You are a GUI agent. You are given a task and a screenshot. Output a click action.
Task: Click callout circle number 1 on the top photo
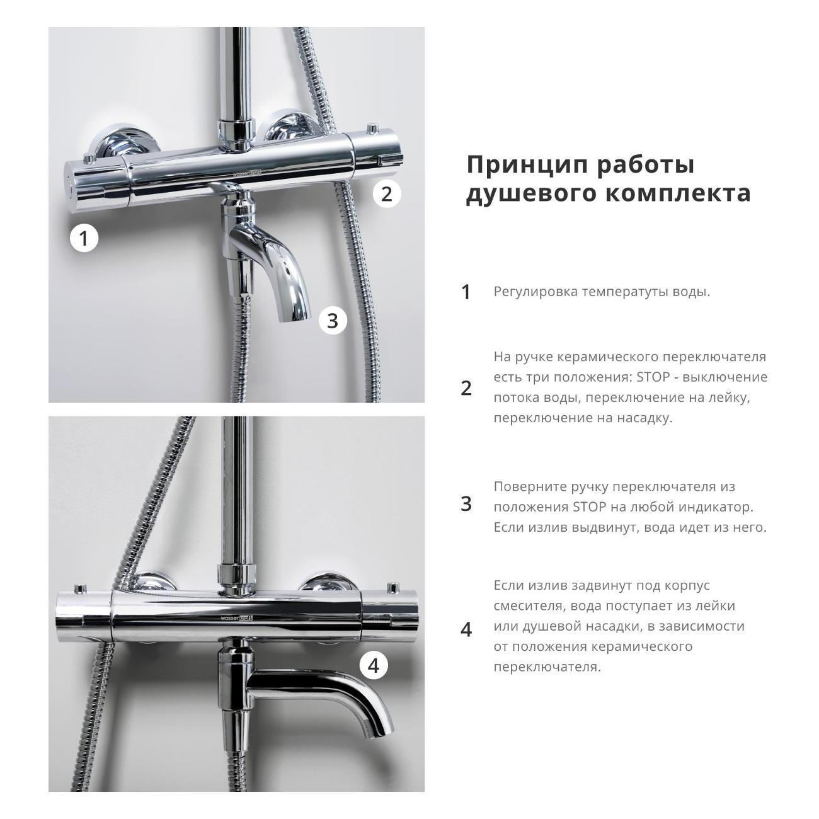pyautogui.click(x=84, y=238)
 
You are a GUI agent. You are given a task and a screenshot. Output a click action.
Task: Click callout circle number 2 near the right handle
pyautogui.click(x=387, y=193)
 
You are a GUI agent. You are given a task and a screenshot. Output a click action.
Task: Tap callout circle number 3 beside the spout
pyautogui.click(x=333, y=321)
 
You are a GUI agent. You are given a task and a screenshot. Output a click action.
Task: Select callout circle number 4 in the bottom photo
pyautogui.click(x=374, y=665)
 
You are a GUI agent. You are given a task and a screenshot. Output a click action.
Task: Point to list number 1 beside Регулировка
pyautogui.click(x=466, y=292)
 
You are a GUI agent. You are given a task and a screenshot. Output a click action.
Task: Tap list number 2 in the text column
pyautogui.click(x=466, y=388)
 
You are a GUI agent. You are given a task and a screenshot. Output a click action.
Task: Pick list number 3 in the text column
pyautogui.click(x=466, y=504)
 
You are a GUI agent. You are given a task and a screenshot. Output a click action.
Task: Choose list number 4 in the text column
pyautogui.click(x=466, y=629)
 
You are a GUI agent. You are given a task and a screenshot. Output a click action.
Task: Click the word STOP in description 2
pyautogui.click(x=653, y=377)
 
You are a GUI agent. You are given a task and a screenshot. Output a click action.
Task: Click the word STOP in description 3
pyautogui.click(x=589, y=507)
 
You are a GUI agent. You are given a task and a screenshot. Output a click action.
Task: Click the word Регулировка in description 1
pyautogui.click(x=535, y=292)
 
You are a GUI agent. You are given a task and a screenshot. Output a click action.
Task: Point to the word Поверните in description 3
pyautogui.click(x=529, y=487)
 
